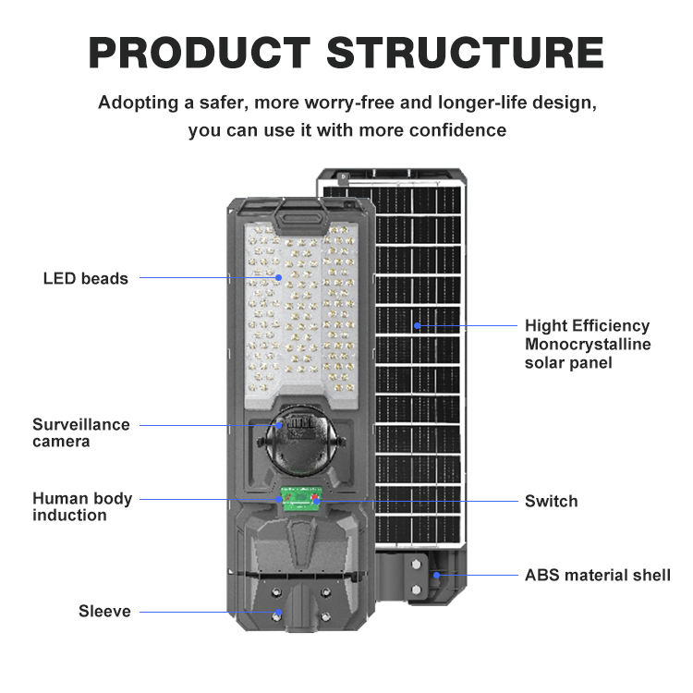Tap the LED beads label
pos(86,278)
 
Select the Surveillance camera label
pos(81,433)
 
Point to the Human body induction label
pos(82,506)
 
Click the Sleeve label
pos(104,611)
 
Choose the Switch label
pos(551,501)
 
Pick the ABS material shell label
pos(597,575)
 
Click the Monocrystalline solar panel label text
pos(588,345)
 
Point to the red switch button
pos(315,500)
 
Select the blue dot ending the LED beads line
pos(278,277)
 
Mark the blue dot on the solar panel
pos(417,325)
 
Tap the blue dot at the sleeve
pos(277,612)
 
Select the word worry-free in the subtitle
pos(344,102)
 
